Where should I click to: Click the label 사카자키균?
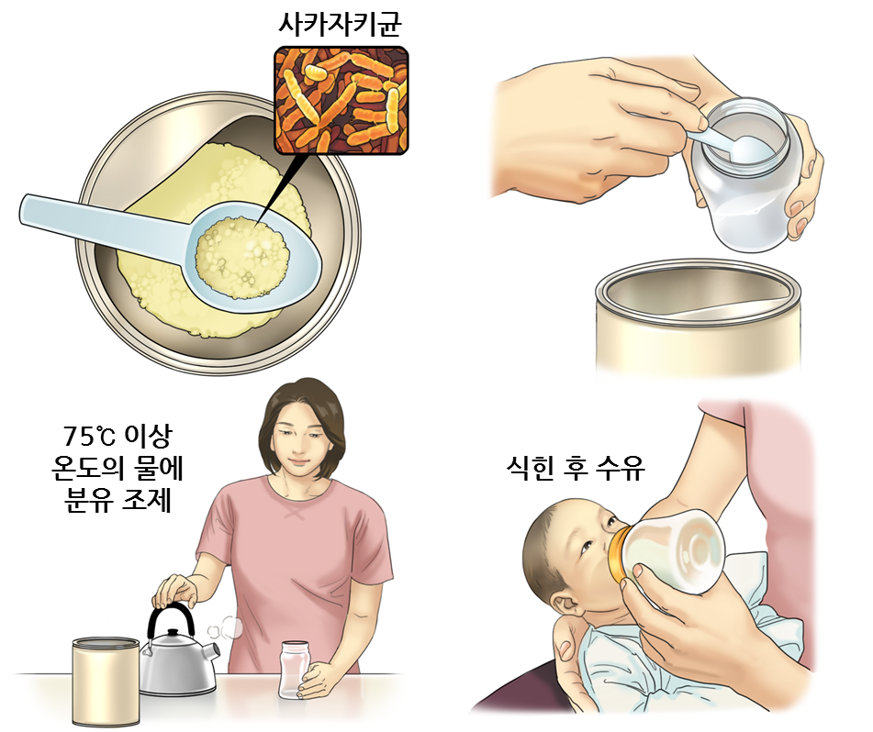[x=340, y=24]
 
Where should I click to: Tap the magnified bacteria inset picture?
[x=341, y=100]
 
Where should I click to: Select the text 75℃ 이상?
[x=118, y=436]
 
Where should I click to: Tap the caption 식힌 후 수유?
[x=576, y=469]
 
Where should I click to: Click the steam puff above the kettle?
[x=226, y=628]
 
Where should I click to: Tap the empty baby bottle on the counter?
[x=295, y=671]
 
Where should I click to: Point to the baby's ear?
[x=567, y=604]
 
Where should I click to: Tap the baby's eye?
[x=588, y=548]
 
